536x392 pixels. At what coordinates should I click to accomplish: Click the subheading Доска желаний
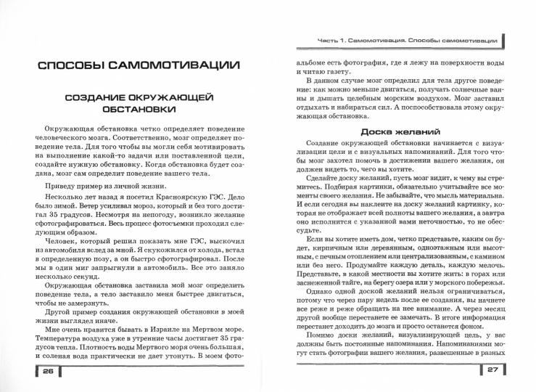(400, 131)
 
